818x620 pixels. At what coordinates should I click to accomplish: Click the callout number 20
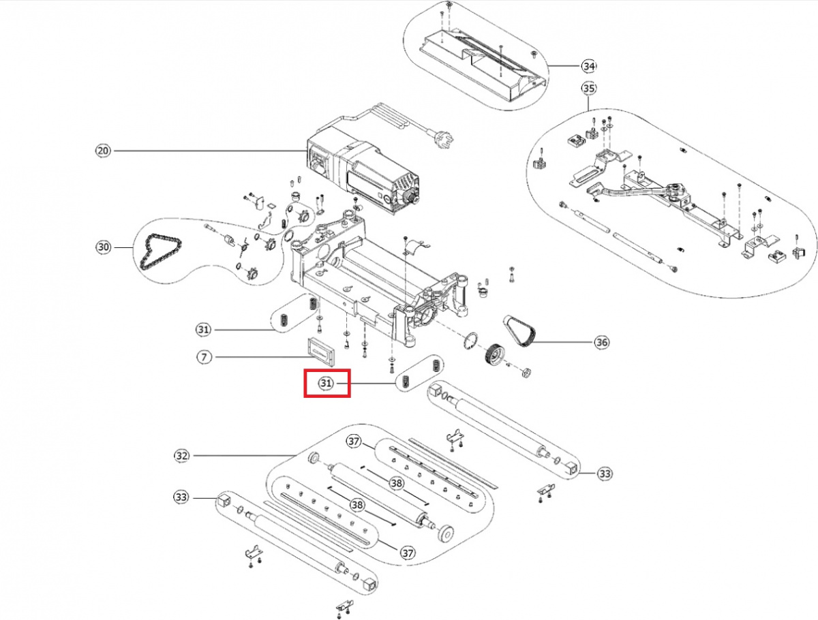click(103, 151)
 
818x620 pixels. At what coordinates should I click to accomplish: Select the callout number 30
click(103, 247)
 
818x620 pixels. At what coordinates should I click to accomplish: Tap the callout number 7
click(202, 356)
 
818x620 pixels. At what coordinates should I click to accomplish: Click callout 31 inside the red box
click(327, 384)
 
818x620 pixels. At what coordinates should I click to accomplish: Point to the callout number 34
click(588, 66)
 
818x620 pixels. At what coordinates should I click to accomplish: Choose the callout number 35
click(588, 89)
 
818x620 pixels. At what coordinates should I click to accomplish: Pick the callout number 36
click(601, 343)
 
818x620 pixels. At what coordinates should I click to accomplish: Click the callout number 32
click(181, 455)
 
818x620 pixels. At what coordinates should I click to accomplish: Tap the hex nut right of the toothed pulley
click(526, 373)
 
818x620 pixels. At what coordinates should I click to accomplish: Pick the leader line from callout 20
click(204, 151)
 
